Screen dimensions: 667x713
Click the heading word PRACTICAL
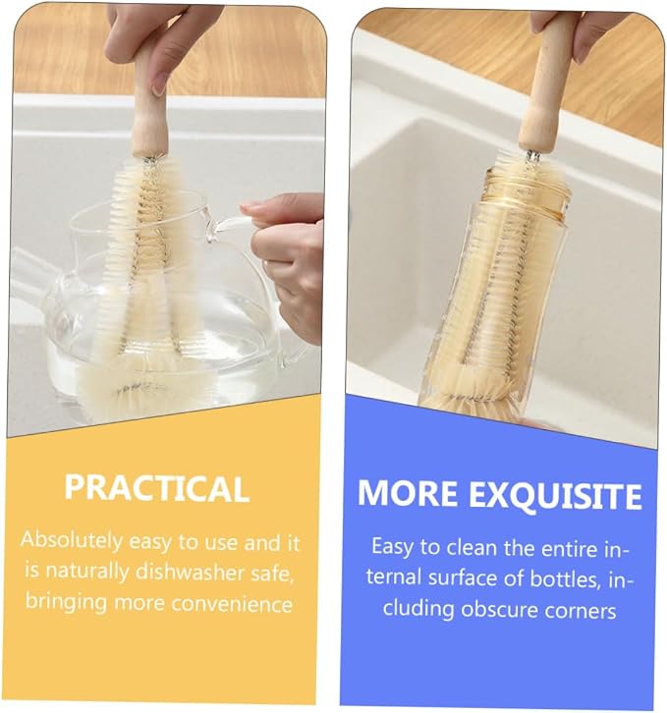pos(156,488)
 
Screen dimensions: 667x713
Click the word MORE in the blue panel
pos(407,493)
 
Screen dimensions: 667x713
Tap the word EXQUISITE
pos(555,496)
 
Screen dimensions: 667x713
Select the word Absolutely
pos(72,541)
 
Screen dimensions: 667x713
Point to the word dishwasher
pos(190,572)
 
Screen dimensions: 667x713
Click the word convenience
pos(232,604)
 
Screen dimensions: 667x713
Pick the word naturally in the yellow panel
pos(87,572)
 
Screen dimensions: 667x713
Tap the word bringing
pos(66,602)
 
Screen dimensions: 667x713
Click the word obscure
pos(499,609)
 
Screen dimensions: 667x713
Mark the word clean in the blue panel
pos(472,547)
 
